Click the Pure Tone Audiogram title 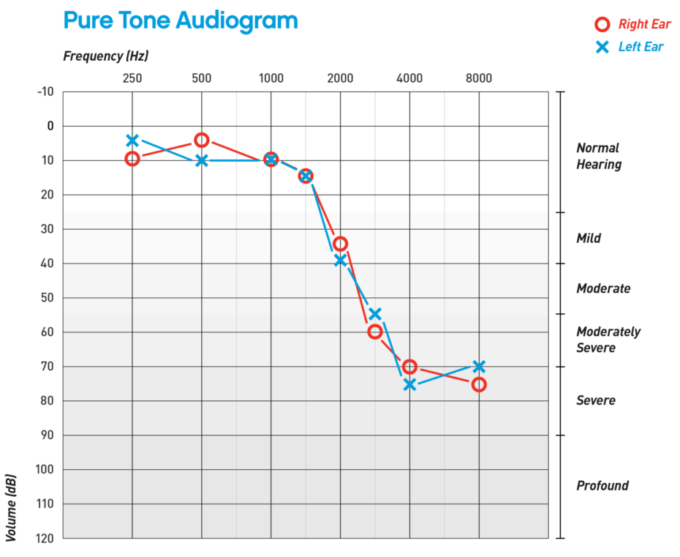[181, 21]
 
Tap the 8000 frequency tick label [479, 78]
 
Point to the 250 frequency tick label [132, 78]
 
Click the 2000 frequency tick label [340, 78]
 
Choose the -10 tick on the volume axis [45, 91]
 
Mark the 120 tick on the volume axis [45, 538]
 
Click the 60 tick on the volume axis [48, 332]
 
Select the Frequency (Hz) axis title [106, 56]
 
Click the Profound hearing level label [602, 485]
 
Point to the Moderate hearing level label [603, 288]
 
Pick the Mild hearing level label [589, 238]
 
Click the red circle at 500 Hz [202, 140]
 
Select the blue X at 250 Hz [132, 141]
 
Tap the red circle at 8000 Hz [479, 384]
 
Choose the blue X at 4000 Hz [409, 384]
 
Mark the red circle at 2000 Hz [340, 244]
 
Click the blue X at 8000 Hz [479, 366]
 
